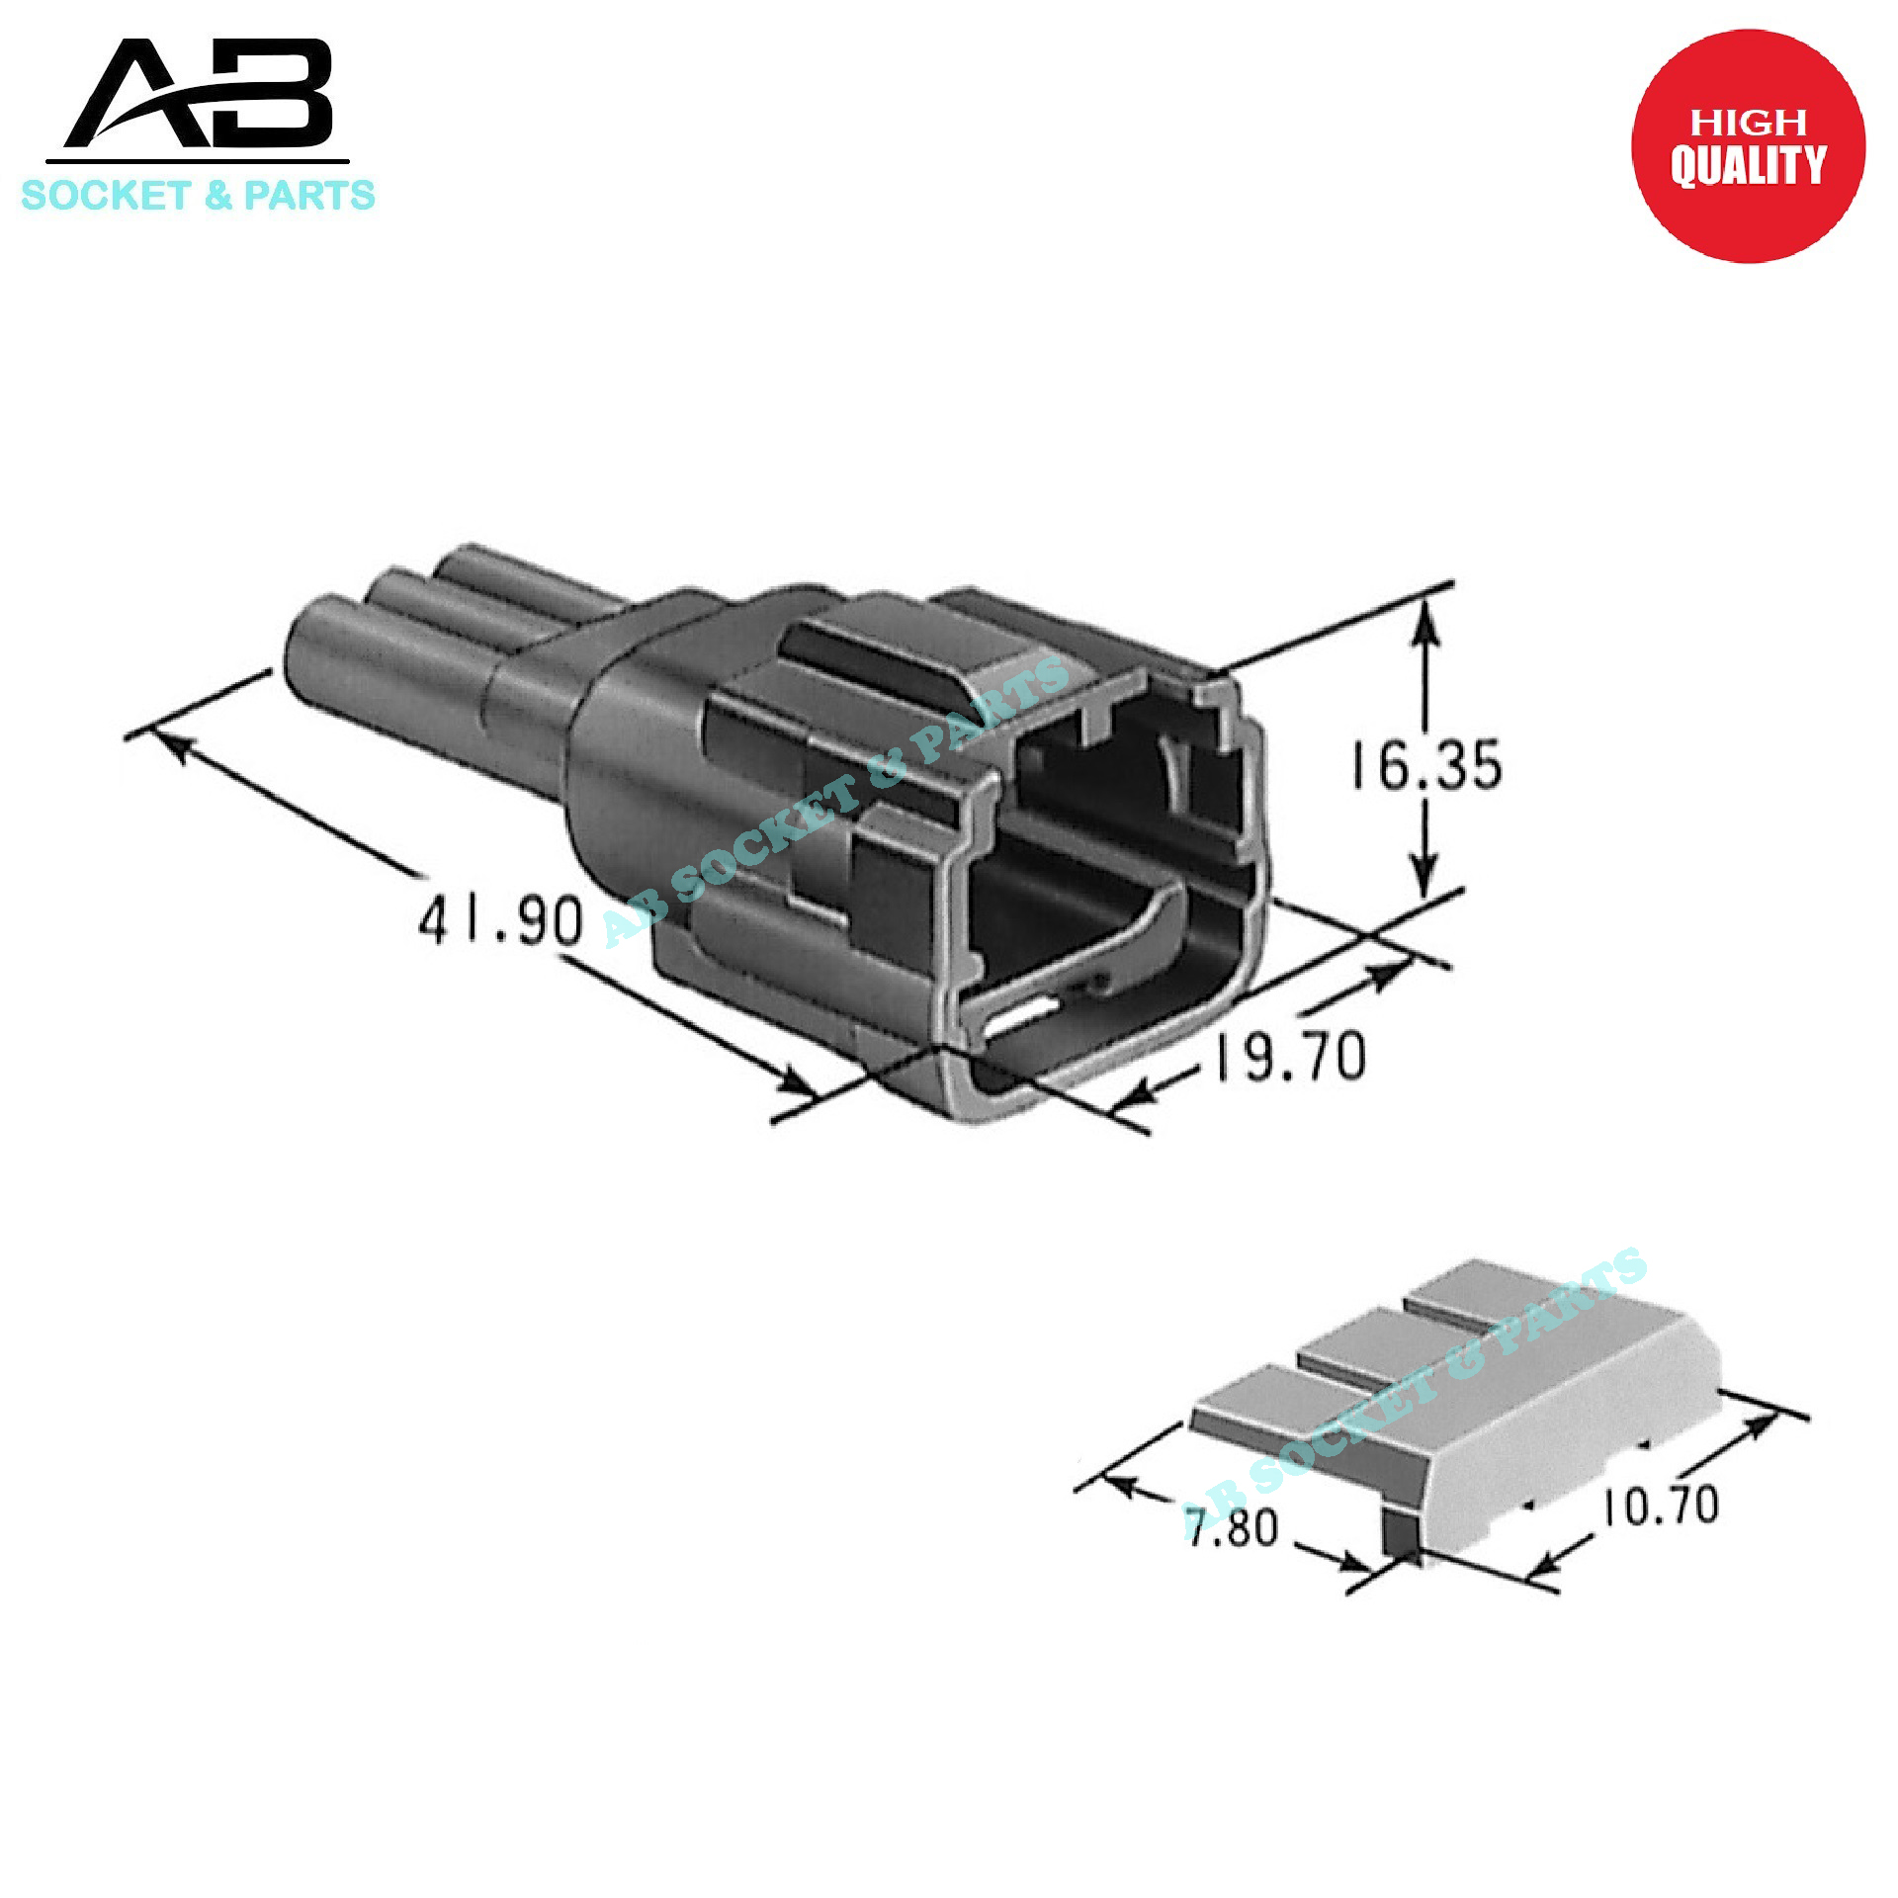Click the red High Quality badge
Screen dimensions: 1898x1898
pos(1747,146)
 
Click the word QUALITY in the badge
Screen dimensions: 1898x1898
pos(1747,165)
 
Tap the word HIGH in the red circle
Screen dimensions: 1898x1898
pos(1748,123)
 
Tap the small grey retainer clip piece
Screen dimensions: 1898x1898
pos(1463,1404)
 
